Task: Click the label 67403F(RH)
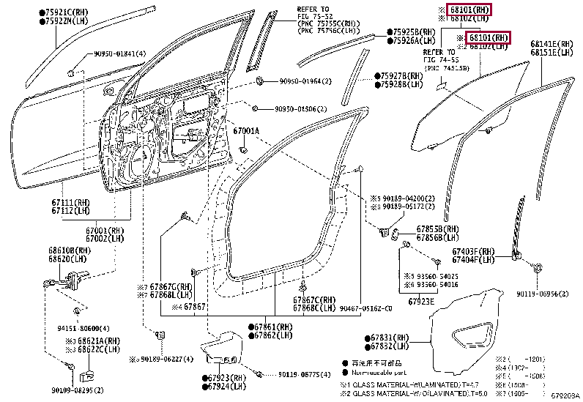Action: [472, 253]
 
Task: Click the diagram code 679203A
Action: [565, 396]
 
